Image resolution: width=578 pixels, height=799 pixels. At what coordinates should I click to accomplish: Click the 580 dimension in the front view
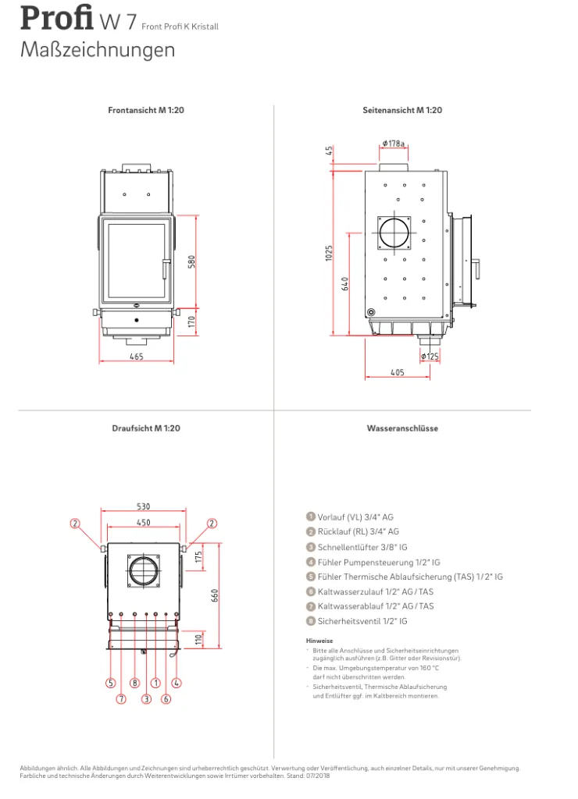[192, 262]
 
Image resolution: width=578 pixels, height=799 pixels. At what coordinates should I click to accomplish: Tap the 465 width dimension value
[136, 357]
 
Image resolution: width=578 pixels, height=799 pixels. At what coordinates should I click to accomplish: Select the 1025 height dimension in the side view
[329, 254]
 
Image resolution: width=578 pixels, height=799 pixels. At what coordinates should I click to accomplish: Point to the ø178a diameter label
[394, 144]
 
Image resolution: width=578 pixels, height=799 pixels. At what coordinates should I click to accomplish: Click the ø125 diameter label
[430, 356]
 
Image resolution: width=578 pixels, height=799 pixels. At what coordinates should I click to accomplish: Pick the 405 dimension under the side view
[397, 372]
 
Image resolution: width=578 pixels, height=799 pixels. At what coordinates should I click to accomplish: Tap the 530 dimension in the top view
[144, 506]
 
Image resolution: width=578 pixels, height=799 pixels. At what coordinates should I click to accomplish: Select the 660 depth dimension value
[214, 595]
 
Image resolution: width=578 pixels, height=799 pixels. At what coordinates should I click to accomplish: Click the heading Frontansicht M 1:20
[146, 110]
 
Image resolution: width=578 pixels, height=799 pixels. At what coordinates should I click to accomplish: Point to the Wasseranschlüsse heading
[402, 428]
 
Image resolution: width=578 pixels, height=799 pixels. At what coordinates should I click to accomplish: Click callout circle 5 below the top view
[110, 683]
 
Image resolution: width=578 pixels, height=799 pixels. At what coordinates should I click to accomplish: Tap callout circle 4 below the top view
[176, 683]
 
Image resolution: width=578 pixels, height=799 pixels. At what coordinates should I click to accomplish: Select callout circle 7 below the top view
[121, 698]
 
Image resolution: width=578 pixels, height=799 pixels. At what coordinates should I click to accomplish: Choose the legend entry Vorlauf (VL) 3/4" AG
[350, 517]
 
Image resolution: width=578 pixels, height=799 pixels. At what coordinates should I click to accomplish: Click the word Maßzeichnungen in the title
[98, 50]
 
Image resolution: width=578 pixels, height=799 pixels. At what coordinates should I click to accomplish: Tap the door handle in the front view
[165, 268]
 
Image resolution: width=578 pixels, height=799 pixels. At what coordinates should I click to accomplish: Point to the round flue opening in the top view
[144, 571]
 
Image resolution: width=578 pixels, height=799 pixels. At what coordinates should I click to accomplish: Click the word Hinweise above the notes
[319, 641]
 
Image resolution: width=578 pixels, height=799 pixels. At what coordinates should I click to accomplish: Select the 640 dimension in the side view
[345, 284]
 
